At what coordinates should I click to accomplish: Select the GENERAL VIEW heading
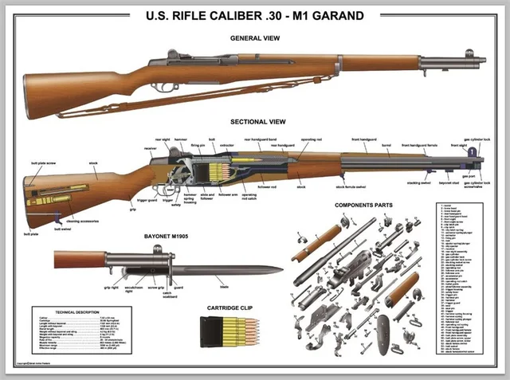pos(254,37)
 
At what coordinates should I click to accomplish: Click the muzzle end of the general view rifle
pos(484,60)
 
